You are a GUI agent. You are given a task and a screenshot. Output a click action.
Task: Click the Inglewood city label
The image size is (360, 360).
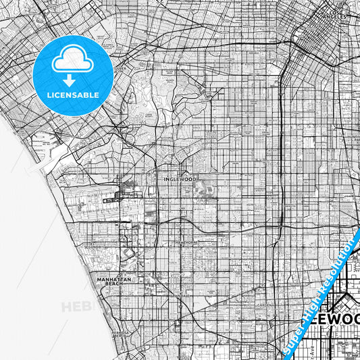point(178,179)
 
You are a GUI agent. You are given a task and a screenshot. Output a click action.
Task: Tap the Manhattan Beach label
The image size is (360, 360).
point(113,281)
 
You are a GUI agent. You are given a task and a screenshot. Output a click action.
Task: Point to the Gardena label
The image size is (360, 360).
point(267,305)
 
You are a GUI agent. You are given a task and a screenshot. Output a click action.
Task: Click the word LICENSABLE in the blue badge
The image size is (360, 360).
point(72,94)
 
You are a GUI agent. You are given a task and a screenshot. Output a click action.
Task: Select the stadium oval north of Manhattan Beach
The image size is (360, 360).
point(128,253)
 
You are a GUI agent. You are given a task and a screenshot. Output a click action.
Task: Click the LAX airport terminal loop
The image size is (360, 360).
point(122,197)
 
